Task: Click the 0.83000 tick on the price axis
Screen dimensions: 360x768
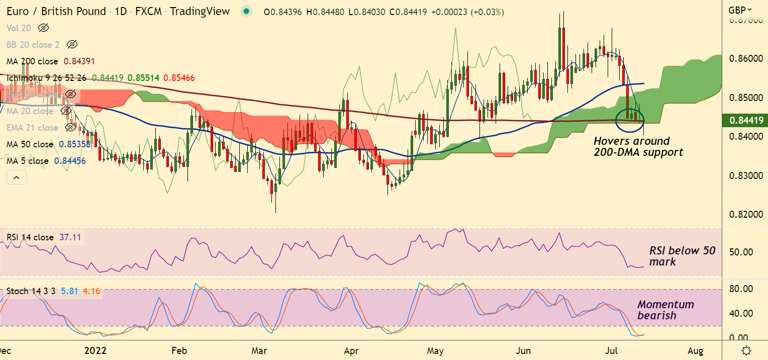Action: pyautogui.click(x=745, y=176)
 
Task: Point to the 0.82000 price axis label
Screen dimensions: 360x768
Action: pyautogui.click(x=745, y=215)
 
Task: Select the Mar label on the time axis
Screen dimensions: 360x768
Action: pyautogui.click(x=259, y=350)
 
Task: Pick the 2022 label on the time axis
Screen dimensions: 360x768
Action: pyautogui.click(x=95, y=350)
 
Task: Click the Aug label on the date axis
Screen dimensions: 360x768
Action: pyautogui.click(x=696, y=350)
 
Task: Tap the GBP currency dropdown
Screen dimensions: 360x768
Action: pyautogui.click(x=740, y=10)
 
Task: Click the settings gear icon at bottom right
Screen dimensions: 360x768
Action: pyautogui.click(x=747, y=350)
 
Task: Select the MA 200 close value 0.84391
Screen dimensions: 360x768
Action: pyautogui.click(x=79, y=61)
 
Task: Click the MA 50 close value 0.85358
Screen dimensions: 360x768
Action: pyautogui.click(x=75, y=144)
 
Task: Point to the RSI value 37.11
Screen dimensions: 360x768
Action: pyautogui.click(x=70, y=237)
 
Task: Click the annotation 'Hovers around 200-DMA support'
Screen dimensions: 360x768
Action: pyautogui.click(x=638, y=146)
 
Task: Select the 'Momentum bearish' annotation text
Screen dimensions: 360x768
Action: pyautogui.click(x=665, y=310)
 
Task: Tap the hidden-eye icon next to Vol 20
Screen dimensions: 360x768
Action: pyautogui.click(x=43, y=28)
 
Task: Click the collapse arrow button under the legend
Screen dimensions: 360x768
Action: pyautogui.click(x=16, y=177)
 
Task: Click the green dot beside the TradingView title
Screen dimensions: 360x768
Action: pyautogui.click(x=245, y=11)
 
